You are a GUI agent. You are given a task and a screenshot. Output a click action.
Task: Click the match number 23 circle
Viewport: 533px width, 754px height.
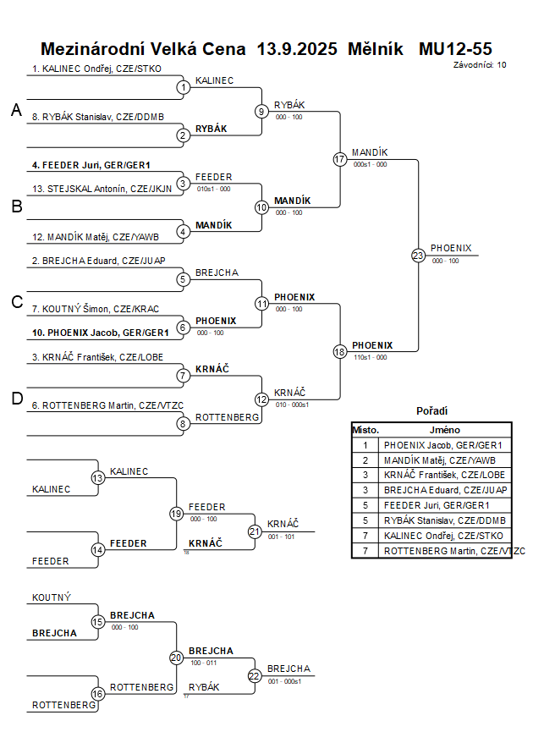418,256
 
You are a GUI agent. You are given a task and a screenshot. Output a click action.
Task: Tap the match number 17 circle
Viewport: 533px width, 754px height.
339,159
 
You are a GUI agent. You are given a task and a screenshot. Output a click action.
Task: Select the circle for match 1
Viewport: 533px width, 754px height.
183,86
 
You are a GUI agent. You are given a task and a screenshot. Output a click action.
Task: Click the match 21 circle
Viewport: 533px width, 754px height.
255,531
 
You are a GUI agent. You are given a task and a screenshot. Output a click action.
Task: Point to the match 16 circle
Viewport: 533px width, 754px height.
98,694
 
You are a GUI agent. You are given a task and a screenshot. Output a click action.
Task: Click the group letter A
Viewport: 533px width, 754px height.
15,110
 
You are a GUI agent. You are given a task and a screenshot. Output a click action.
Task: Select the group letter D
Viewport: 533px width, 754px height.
16,399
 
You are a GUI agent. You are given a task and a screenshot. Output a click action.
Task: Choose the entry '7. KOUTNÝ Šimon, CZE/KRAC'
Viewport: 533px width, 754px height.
96,309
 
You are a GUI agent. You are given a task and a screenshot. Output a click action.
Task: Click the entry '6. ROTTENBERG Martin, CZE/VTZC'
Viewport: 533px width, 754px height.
108,406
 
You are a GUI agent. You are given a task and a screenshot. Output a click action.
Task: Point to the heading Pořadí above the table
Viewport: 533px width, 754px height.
432,410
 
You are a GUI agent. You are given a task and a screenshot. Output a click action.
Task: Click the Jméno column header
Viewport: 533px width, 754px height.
445,430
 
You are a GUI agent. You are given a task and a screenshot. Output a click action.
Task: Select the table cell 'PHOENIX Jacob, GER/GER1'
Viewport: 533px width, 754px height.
442,445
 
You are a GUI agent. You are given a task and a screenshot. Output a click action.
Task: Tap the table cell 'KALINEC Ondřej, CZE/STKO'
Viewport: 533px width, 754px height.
442,536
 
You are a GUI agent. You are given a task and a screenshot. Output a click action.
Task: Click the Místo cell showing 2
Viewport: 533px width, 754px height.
365,460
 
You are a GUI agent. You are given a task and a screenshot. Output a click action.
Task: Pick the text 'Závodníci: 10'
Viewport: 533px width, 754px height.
480,64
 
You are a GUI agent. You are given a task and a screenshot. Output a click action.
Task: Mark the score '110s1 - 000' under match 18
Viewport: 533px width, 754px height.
371,357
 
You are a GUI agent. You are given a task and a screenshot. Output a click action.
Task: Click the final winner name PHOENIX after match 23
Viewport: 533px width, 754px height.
451,249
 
